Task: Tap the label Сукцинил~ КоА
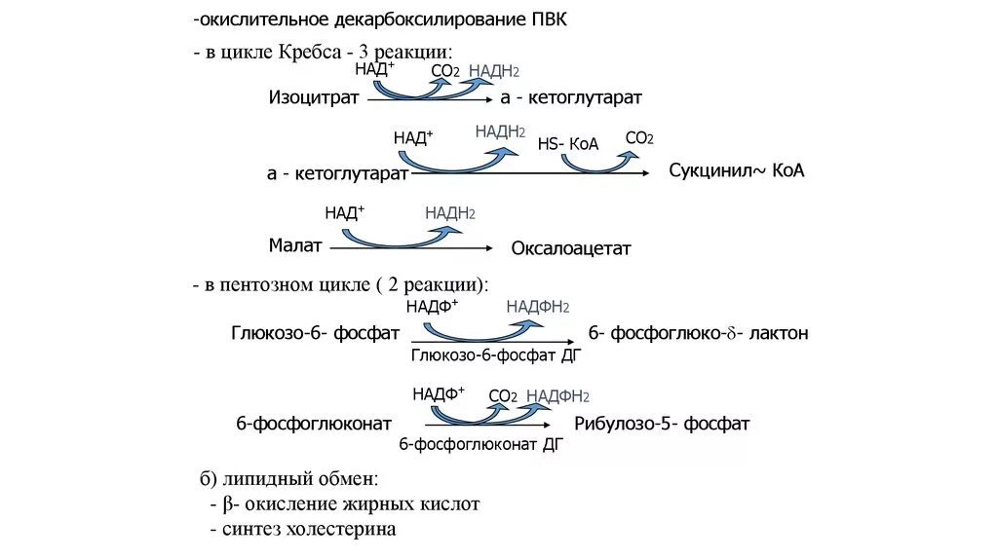pyautogui.click(x=736, y=170)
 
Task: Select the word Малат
pyautogui.click(x=295, y=245)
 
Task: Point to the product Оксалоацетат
pyautogui.click(x=571, y=248)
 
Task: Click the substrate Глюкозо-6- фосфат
pyautogui.click(x=316, y=333)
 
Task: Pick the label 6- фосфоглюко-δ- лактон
pyautogui.click(x=697, y=333)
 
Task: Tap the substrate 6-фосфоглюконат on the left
pyautogui.click(x=314, y=424)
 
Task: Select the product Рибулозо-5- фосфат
pyautogui.click(x=662, y=424)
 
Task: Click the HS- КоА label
pyautogui.click(x=568, y=144)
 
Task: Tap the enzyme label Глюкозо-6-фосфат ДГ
pyautogui.click(x=496, y=355)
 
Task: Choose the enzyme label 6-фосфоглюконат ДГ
pyautogui.click(x=480, y=444)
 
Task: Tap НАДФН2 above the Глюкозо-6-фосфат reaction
pyautogui.click(x=537, y=306)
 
